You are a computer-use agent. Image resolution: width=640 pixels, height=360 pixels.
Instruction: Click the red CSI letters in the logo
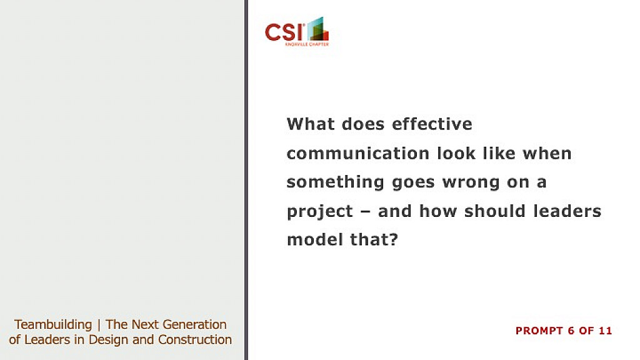(x=284, y=32)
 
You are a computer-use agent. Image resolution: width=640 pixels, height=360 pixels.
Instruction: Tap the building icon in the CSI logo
(x=318, y=29)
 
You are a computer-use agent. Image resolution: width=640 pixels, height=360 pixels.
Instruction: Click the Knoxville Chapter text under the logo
(x=307, y=44)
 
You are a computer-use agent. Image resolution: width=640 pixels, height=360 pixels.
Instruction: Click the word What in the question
(x=311, y=124)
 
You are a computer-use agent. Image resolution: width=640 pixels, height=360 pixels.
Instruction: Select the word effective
(x=432, y=124)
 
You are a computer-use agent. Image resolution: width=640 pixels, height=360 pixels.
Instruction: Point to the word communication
(x=358, y=154)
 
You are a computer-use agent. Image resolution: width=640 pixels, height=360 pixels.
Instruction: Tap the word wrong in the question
(x=471, y=182)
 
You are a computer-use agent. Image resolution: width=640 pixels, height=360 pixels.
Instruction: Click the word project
(x=320, y=212)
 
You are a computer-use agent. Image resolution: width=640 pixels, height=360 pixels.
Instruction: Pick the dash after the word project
(x=366, y=212)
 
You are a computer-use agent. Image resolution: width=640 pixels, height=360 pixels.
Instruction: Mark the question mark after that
(x=394, y=239)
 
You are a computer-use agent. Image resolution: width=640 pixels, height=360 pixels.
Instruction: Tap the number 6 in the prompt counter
(x=571, y=331)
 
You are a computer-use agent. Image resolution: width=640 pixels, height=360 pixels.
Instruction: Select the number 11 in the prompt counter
(x=606, y=331)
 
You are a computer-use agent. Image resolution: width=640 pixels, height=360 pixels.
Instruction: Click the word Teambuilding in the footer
(x=53, y=325)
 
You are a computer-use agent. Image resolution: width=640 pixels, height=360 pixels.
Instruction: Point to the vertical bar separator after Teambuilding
(x=99, y=325)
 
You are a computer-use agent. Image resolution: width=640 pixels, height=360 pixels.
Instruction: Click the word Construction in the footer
(x=195, y=339)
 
